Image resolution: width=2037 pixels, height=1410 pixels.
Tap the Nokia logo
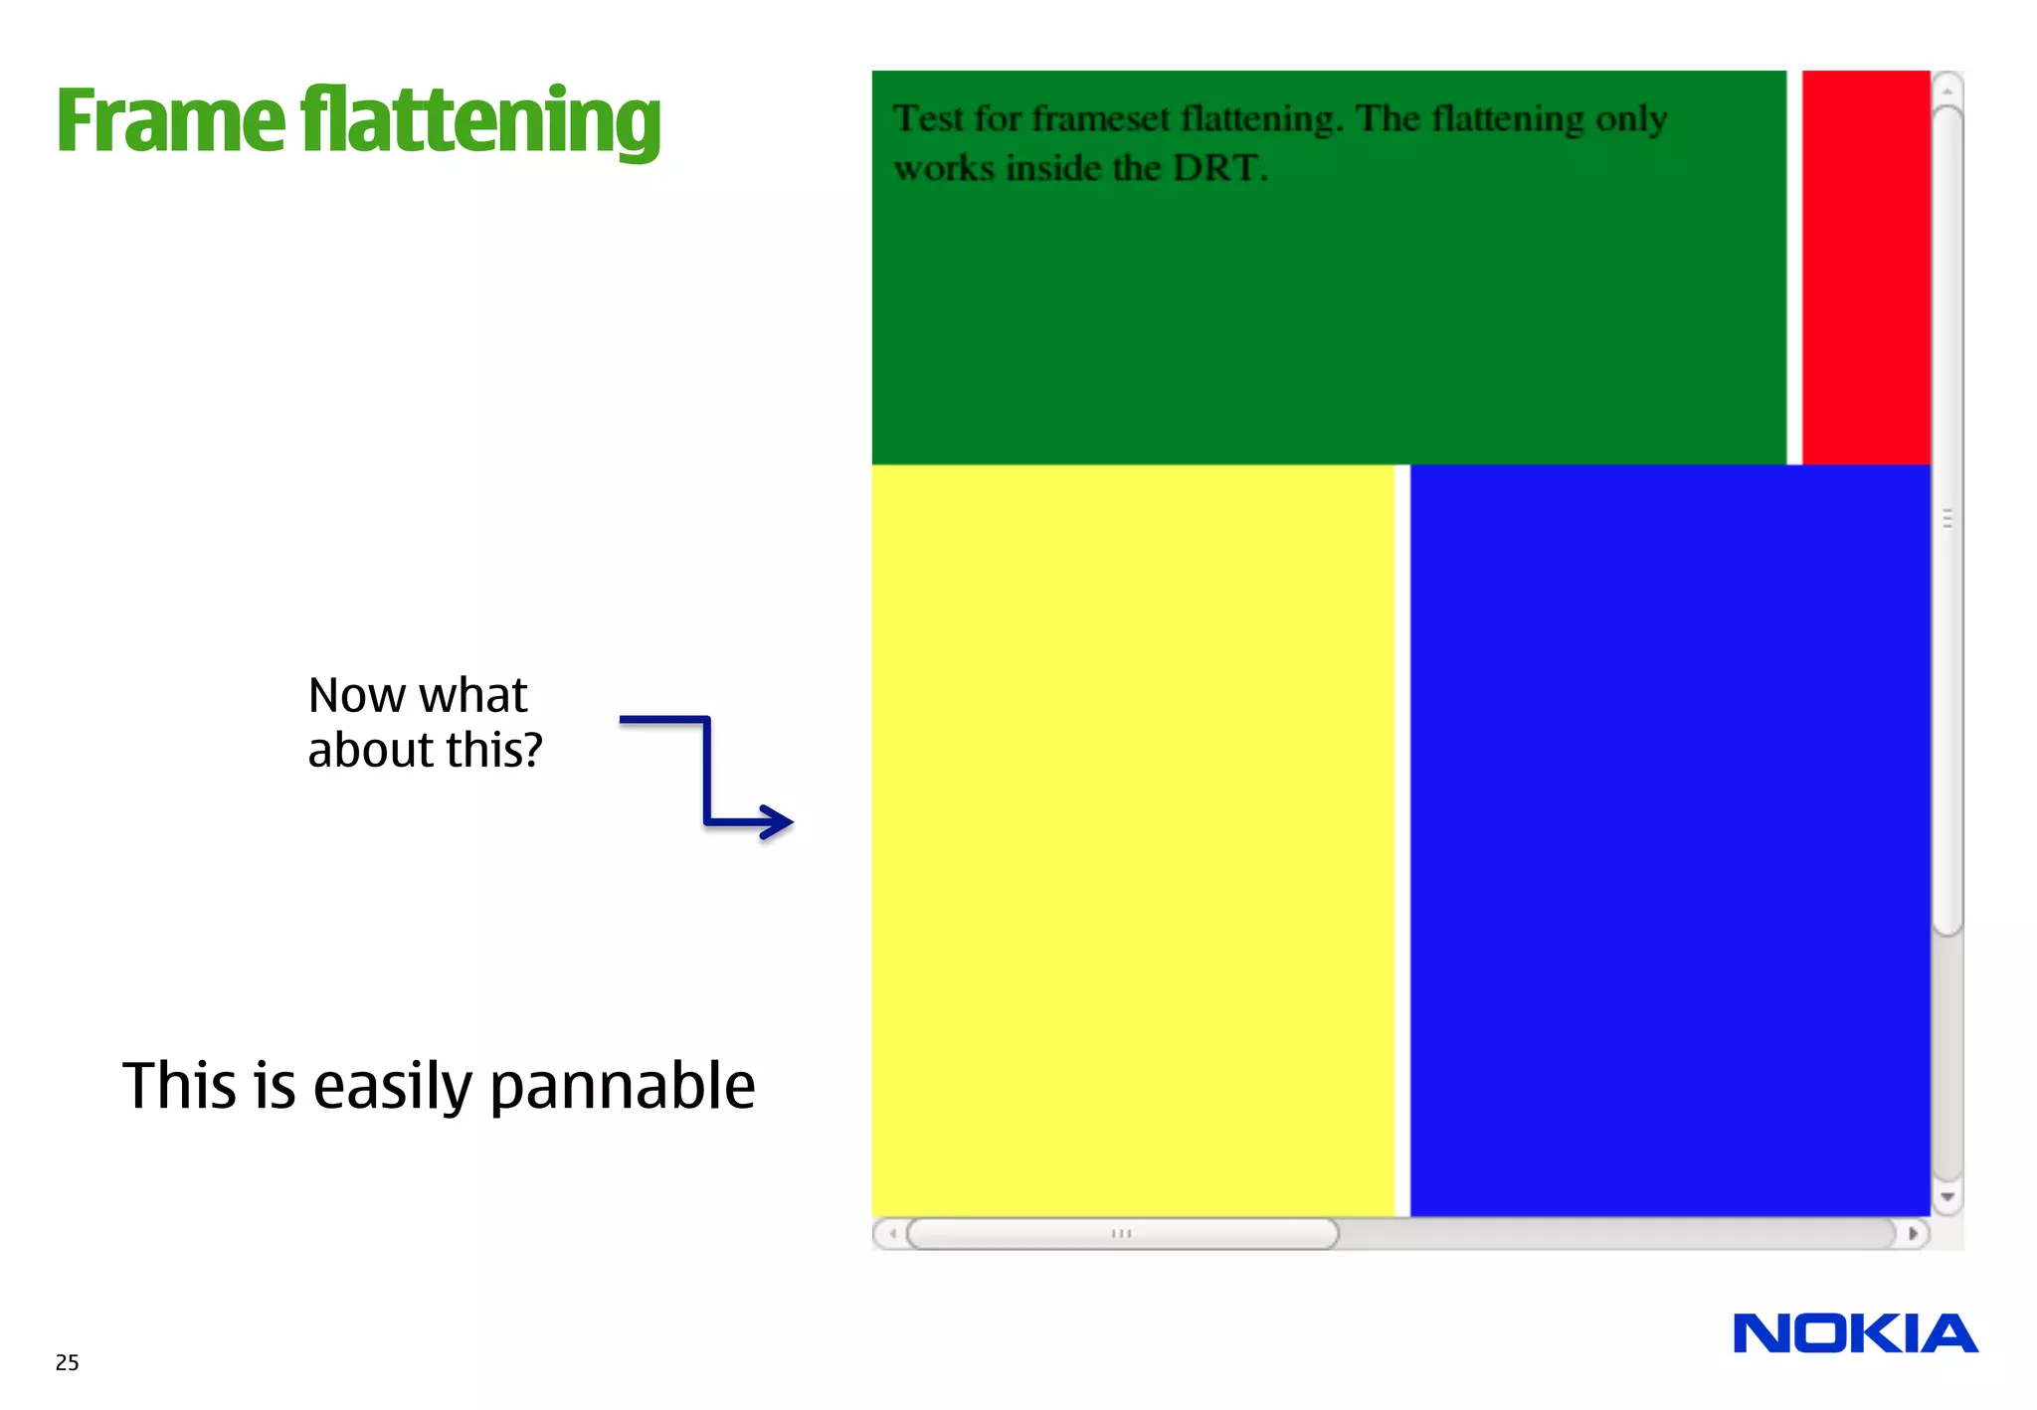[1855, 1333]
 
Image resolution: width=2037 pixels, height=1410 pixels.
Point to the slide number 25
[67, 1362]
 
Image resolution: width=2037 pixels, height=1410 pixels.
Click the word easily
[393, 1086]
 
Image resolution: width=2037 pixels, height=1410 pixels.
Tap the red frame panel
[1866, 266]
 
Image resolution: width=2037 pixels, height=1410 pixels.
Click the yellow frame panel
[1133, 840]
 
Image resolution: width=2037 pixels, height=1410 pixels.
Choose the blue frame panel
[1670, 840]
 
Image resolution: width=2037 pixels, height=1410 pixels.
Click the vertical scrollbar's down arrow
[1947, 1197]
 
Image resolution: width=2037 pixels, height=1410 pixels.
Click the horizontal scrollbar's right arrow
[1913, 1234]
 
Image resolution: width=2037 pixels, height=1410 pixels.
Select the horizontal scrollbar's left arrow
[892, 1234]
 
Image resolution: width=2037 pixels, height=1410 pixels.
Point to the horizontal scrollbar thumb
[1122, 1234]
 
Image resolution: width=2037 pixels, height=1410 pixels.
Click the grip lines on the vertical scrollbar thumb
[1947, 519]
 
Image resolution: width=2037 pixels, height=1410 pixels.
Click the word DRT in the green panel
[1217, 168]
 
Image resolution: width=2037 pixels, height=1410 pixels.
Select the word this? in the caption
[494, 750]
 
